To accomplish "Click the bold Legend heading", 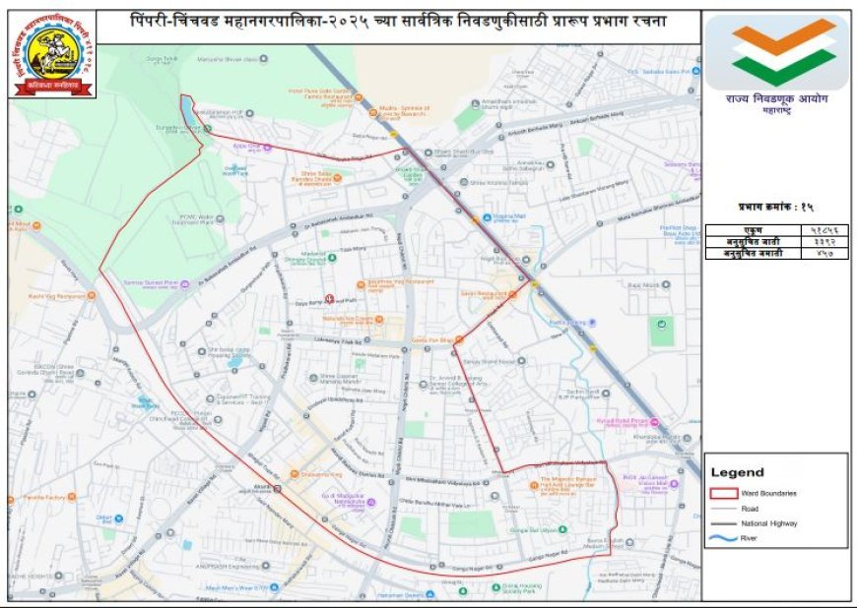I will click(737, 473).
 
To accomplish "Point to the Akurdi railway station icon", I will click(279, 488).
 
